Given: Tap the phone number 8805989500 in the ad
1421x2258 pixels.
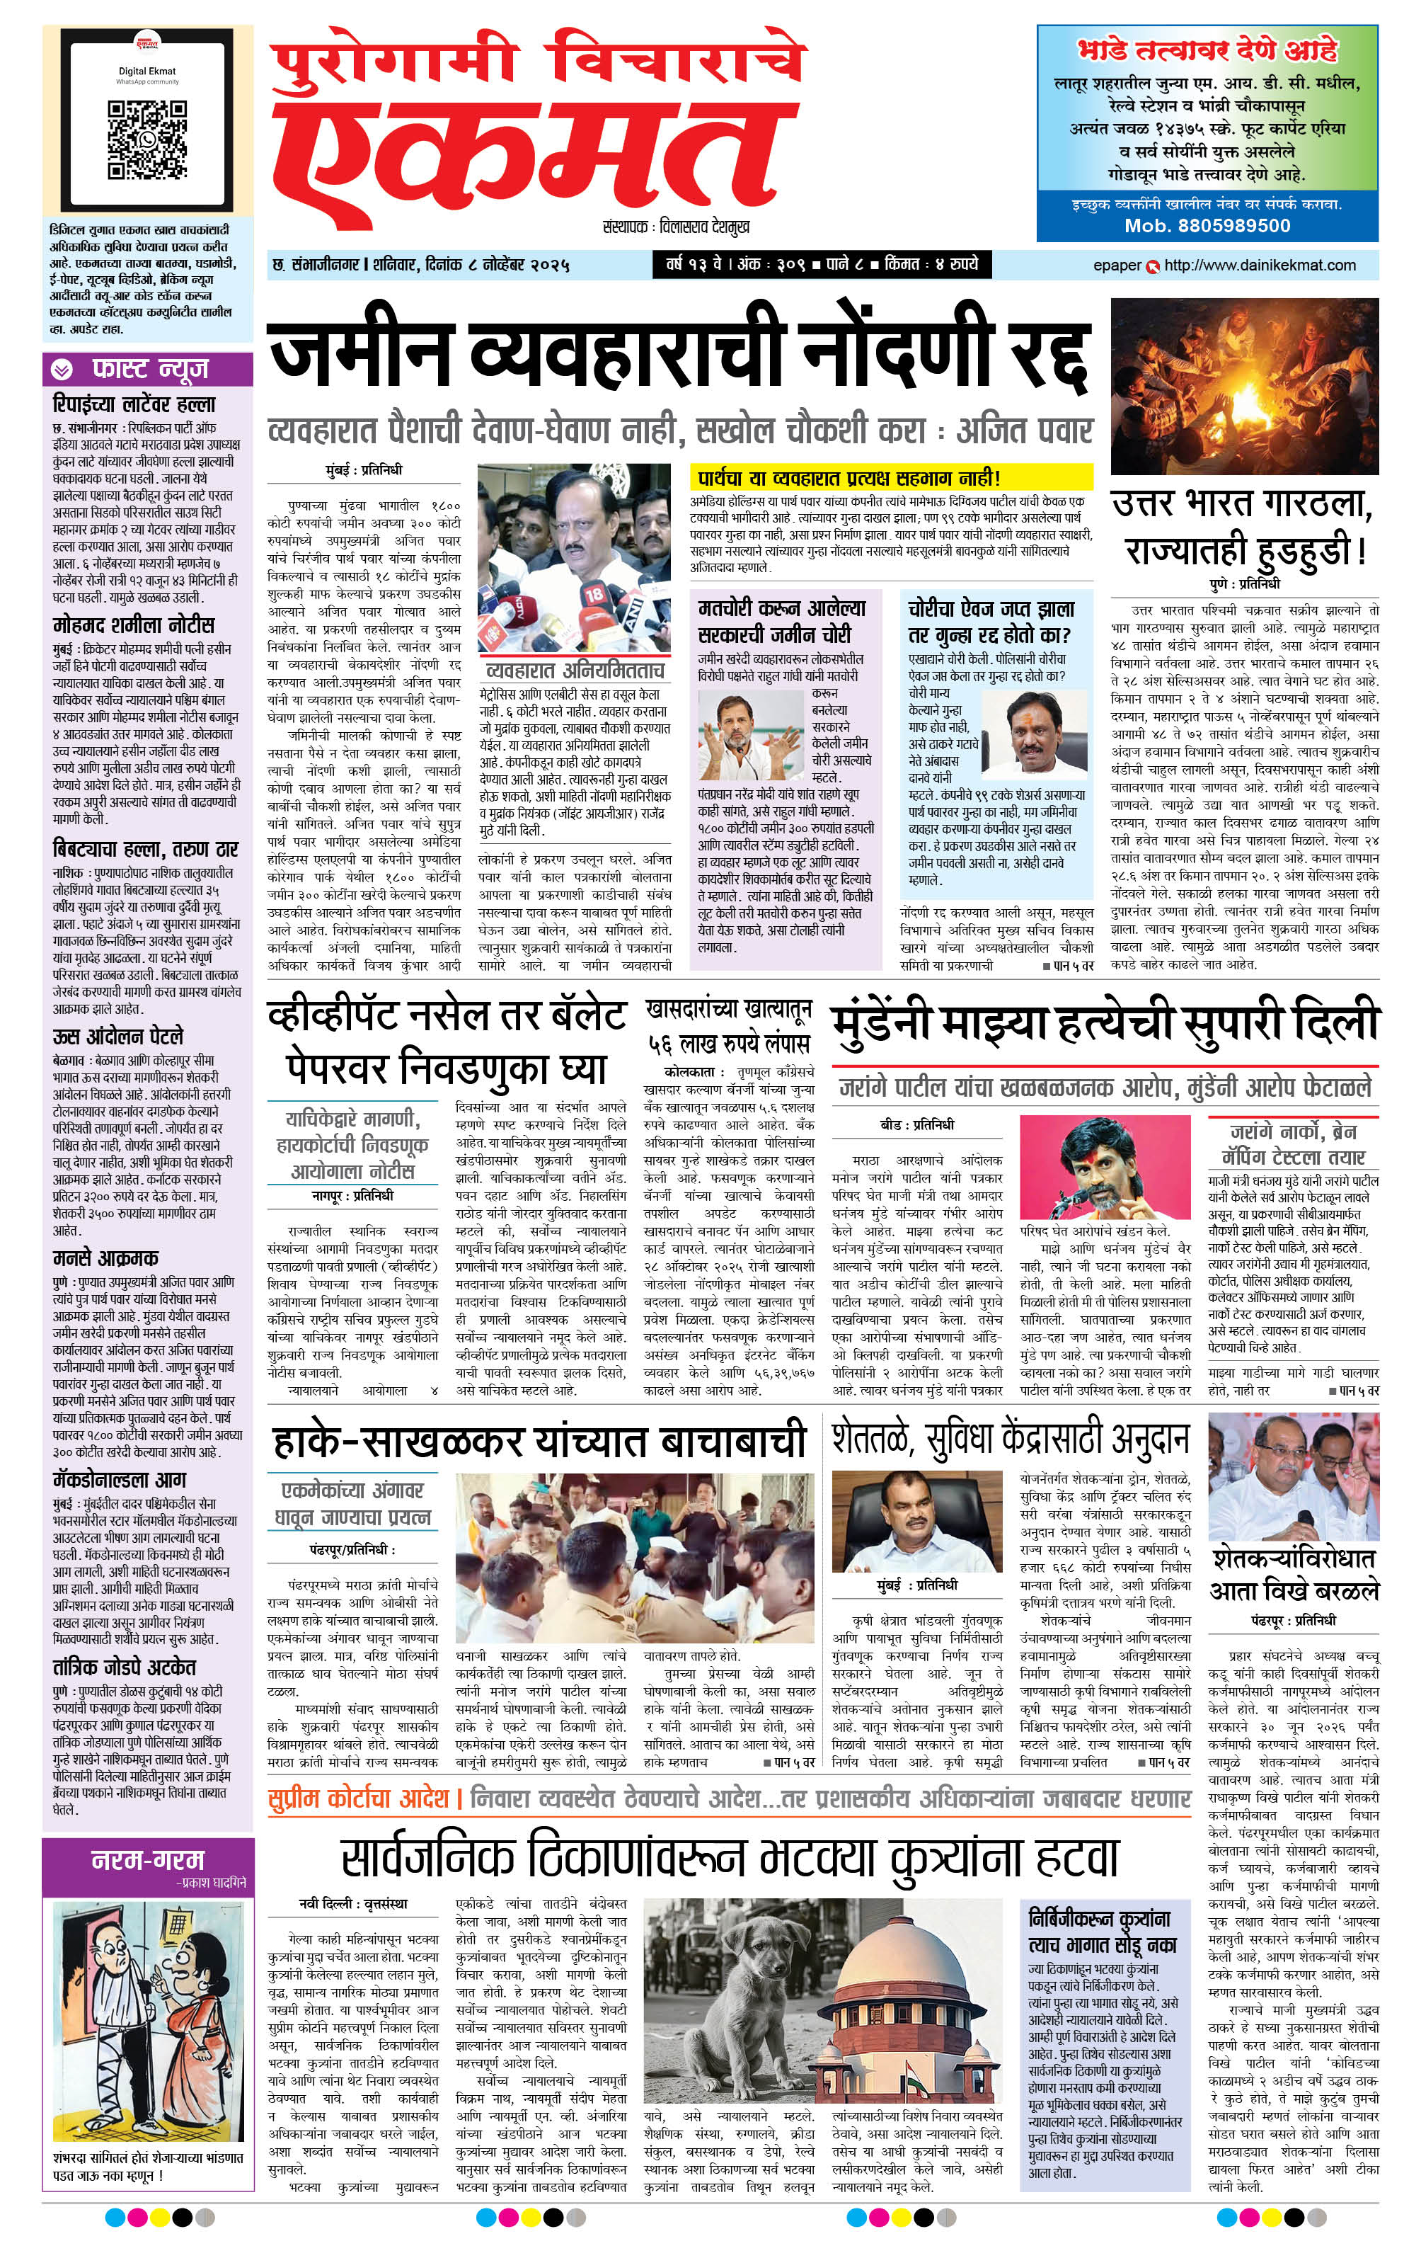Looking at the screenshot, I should (x=1207, y=226).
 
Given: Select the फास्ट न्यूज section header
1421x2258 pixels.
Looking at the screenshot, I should (x=148, y=370).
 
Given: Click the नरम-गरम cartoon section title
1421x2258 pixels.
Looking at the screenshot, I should (x=147, y=1860).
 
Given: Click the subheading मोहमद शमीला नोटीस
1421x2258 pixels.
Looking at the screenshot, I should (x=134, y=625).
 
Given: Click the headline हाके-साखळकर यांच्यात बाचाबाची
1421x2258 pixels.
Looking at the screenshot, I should (x=539, y=1442).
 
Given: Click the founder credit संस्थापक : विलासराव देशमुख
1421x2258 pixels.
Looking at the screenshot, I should (x=676, y=227).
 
